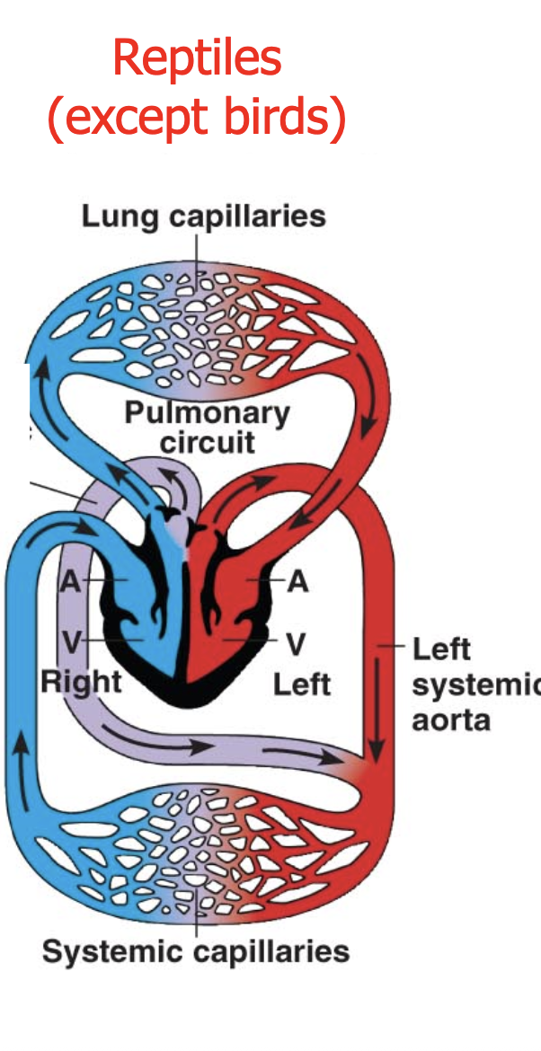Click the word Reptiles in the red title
click(197, 58)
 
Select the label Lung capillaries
click(203, 216)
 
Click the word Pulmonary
click(207, 413)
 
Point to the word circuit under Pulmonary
click(207, 442)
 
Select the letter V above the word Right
click(72, 642)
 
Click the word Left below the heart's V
click(302, 684)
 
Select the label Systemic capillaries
click(195, 951)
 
